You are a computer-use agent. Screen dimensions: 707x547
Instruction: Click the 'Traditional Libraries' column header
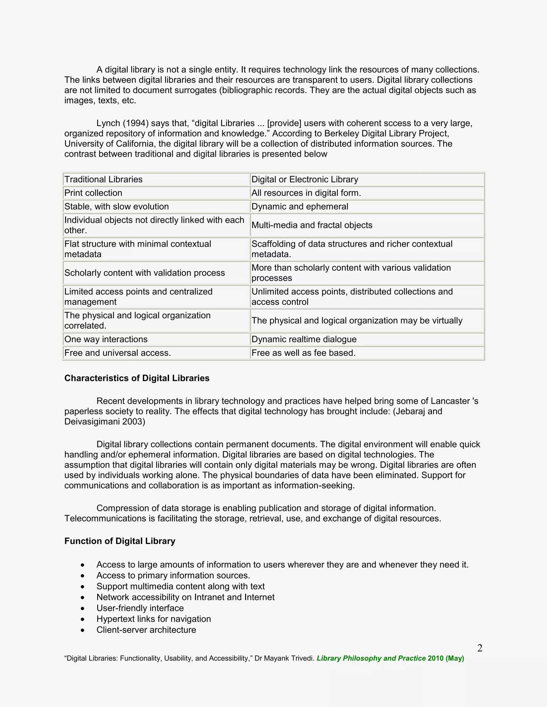[x=103, y=179]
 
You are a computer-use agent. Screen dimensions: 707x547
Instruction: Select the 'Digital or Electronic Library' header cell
[x=304, y=179]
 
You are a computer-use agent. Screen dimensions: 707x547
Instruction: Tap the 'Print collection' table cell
[x=93, y=193]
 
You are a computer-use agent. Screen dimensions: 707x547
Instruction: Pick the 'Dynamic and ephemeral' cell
[x=300, y=206]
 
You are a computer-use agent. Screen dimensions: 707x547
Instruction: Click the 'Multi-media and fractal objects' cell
[x=312, y=225]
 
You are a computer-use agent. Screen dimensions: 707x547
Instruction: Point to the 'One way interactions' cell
[x=106, y=339]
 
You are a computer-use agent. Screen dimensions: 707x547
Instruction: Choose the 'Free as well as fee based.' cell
[x=303, y=353]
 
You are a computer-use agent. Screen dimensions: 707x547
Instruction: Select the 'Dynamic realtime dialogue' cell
[x=304, y=339]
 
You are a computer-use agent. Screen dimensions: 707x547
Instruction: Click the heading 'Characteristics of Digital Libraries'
[x=137, y=378]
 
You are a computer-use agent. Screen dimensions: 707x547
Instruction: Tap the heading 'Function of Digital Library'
[x=120, y=541]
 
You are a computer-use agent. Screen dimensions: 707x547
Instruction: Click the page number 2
[x=480, y=648]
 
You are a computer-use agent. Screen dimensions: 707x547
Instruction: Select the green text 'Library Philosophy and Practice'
[x=371, y=658]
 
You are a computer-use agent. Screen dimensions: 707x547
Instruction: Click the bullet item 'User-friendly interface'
[x=140, y=608]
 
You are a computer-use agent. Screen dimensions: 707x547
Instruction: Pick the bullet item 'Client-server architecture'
[x=146, y=630]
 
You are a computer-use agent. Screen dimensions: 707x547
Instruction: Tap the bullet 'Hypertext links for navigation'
[x=154, y=619]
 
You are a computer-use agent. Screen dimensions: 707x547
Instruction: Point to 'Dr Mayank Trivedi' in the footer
[x=284, y=658]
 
